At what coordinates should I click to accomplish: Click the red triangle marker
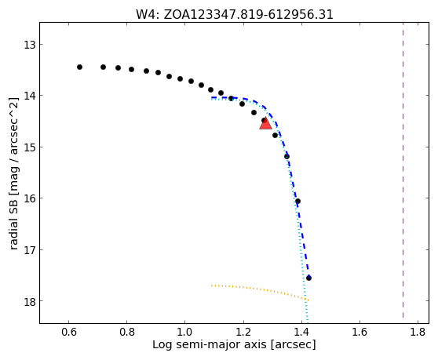click(265, 124)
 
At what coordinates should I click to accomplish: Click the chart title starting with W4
click(235, 15)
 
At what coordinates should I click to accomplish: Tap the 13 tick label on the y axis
click(30, 45)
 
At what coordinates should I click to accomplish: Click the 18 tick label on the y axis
click(30, 301)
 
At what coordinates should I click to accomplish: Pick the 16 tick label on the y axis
click(30, 198)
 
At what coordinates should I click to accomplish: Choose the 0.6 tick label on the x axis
click(69, 332)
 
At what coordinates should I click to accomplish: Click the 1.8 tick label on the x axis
click(418, 332)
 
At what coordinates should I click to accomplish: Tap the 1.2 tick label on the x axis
click(243, 332)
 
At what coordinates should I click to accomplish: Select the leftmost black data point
click(79, 67)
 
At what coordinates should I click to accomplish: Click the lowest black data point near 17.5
click(308, 278)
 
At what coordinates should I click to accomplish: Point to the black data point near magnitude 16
click(297, 202)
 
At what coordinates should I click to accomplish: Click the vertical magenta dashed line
click(403, 170)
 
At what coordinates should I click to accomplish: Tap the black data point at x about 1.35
click(287, 157)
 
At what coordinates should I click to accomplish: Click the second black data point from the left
click(103, 67)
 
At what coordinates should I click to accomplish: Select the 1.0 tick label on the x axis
click(185, 332)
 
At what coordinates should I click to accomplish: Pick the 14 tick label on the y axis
click(30, 96)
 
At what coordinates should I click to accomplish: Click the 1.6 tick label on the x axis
click(360, 332)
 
